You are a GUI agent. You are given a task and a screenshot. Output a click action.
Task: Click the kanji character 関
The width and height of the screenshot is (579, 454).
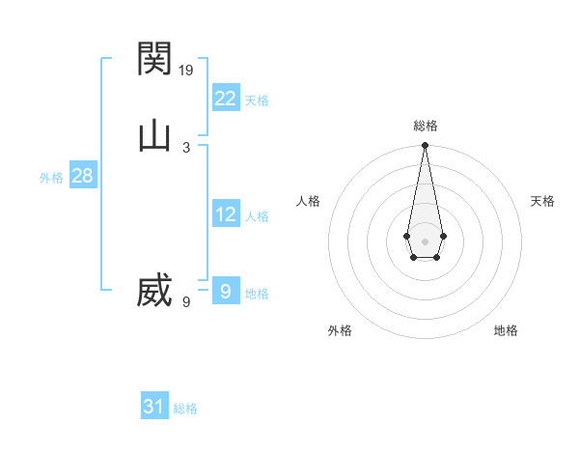tap(154, 60)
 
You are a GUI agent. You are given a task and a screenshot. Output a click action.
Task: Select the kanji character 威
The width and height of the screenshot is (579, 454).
tap(154, 291)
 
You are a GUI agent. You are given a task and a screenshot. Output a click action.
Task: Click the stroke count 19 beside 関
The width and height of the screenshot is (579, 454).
tap(187, 70)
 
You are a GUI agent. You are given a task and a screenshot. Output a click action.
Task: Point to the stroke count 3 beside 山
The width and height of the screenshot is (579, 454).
tap(186, 147)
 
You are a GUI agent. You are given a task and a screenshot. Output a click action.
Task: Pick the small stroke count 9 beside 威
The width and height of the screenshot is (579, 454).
tap(186, 301)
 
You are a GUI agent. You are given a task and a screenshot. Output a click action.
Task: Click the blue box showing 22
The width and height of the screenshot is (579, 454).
tap(225, 98)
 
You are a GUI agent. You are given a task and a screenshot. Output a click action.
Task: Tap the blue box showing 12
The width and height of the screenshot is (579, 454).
tap(225, 214)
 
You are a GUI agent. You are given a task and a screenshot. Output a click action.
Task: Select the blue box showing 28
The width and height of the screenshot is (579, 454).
tap(82, 176)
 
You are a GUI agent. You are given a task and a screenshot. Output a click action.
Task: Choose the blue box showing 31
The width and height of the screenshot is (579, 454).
tap(154, 407)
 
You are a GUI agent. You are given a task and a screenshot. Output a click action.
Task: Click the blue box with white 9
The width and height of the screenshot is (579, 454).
tap(225, 291)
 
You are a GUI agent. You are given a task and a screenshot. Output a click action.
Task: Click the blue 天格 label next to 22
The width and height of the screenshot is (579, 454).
tap(257, 100)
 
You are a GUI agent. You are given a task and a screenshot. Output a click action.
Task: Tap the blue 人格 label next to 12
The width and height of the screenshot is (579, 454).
tap(257, 216)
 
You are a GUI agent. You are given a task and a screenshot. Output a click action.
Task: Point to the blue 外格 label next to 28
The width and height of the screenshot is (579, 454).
tap(51, 178)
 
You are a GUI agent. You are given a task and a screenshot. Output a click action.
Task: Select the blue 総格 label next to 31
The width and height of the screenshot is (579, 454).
tap(185, 409)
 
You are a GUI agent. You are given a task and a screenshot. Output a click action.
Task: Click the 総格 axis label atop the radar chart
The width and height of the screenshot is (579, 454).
tap(425, 126)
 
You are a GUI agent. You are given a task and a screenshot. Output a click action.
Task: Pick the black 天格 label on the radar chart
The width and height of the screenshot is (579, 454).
tap(542, 201)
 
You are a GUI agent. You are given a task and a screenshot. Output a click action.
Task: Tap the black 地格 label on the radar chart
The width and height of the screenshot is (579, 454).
tap(506, 330)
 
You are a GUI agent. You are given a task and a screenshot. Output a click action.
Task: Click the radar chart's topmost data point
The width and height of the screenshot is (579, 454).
tap(425, 146)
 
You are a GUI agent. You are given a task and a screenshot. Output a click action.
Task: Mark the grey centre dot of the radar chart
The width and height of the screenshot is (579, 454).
tap(425, 241)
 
